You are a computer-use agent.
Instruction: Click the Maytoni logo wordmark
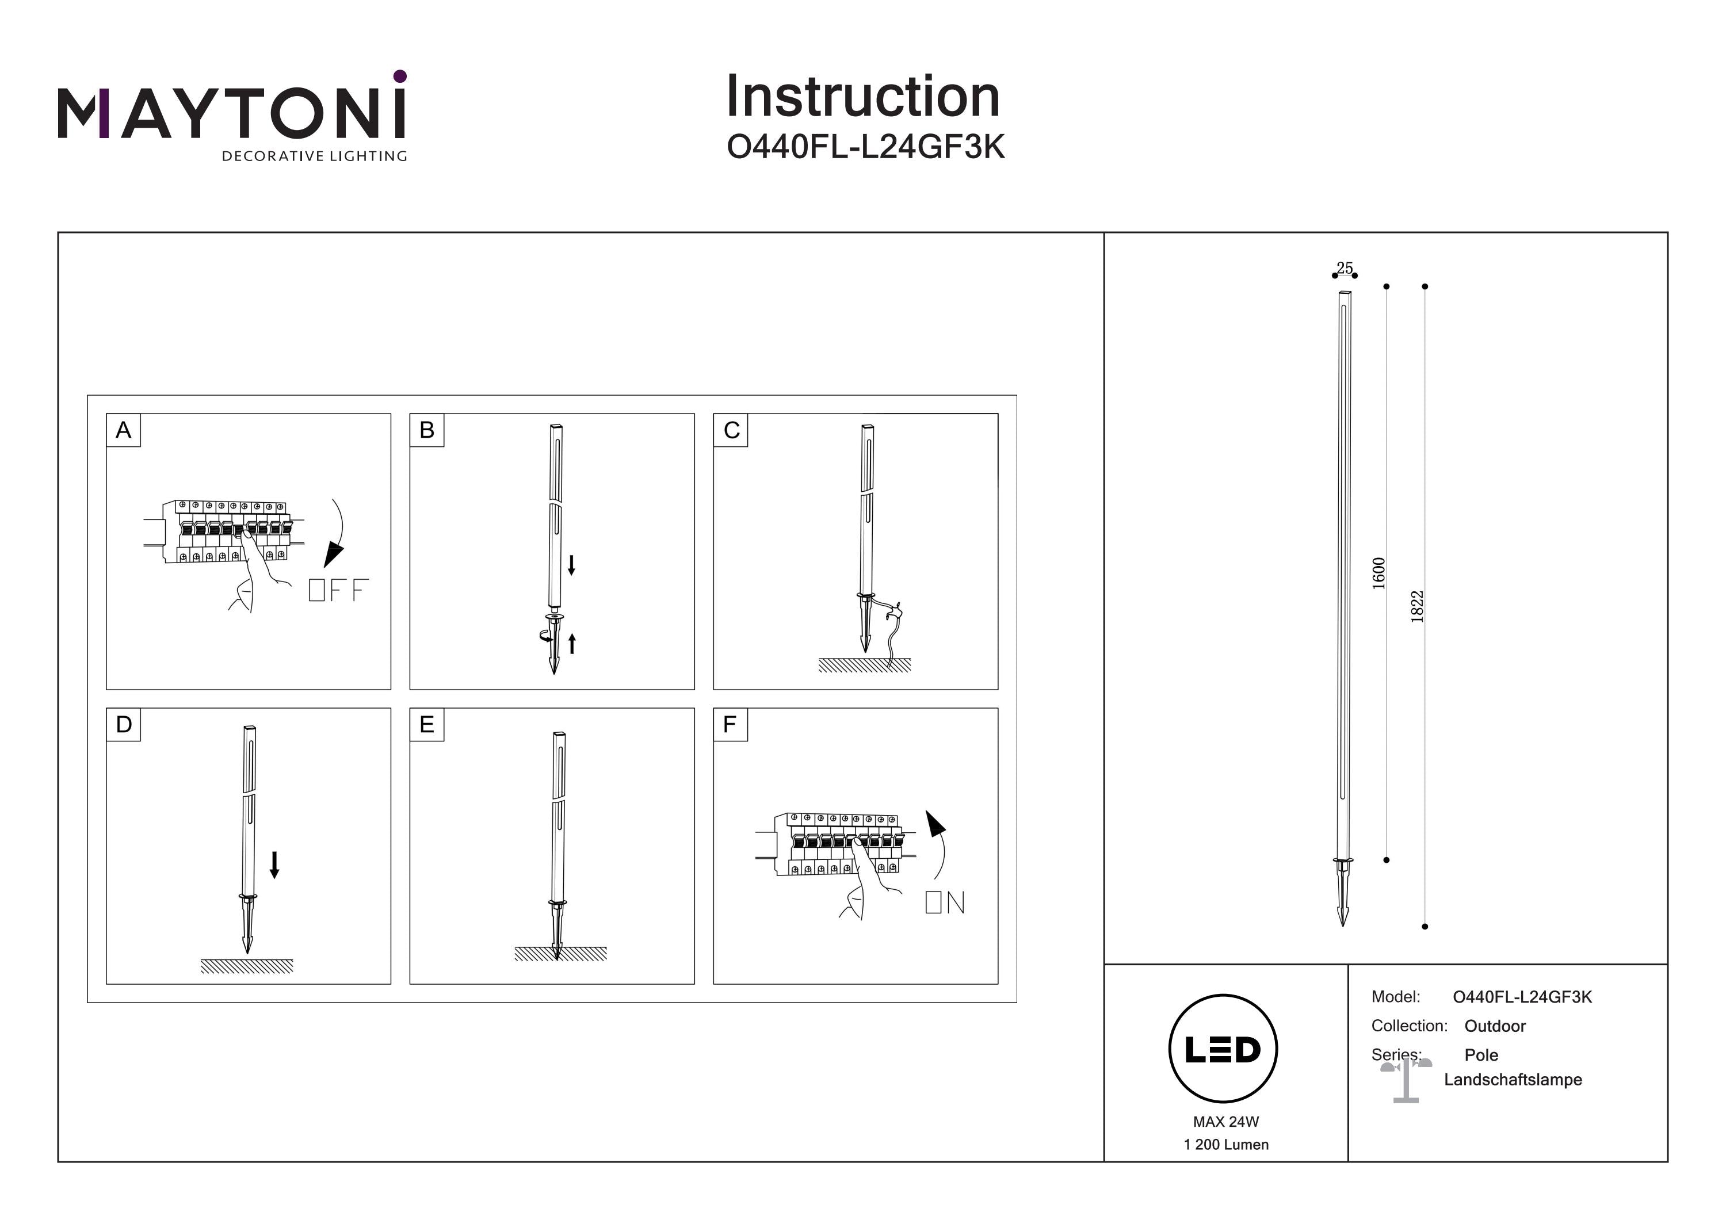click(231, 113)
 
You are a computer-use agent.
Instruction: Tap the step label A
click(123, 430)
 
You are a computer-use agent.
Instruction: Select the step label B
click(427, 430)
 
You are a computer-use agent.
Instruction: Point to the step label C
click(731, 430)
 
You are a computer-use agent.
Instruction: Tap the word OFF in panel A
click(338, 590)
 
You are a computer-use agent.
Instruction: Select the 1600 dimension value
click(1378, 573)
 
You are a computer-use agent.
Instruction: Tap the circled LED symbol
click(1223, 1049)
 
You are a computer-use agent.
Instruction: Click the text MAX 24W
click(1225, 1122)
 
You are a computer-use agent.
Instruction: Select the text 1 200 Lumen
click(1225, 1145)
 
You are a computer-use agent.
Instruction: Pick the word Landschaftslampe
click(1513, 1080)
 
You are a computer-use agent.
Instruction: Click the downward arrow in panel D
click(274, 865)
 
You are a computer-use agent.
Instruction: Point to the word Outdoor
click(1495, 1026)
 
